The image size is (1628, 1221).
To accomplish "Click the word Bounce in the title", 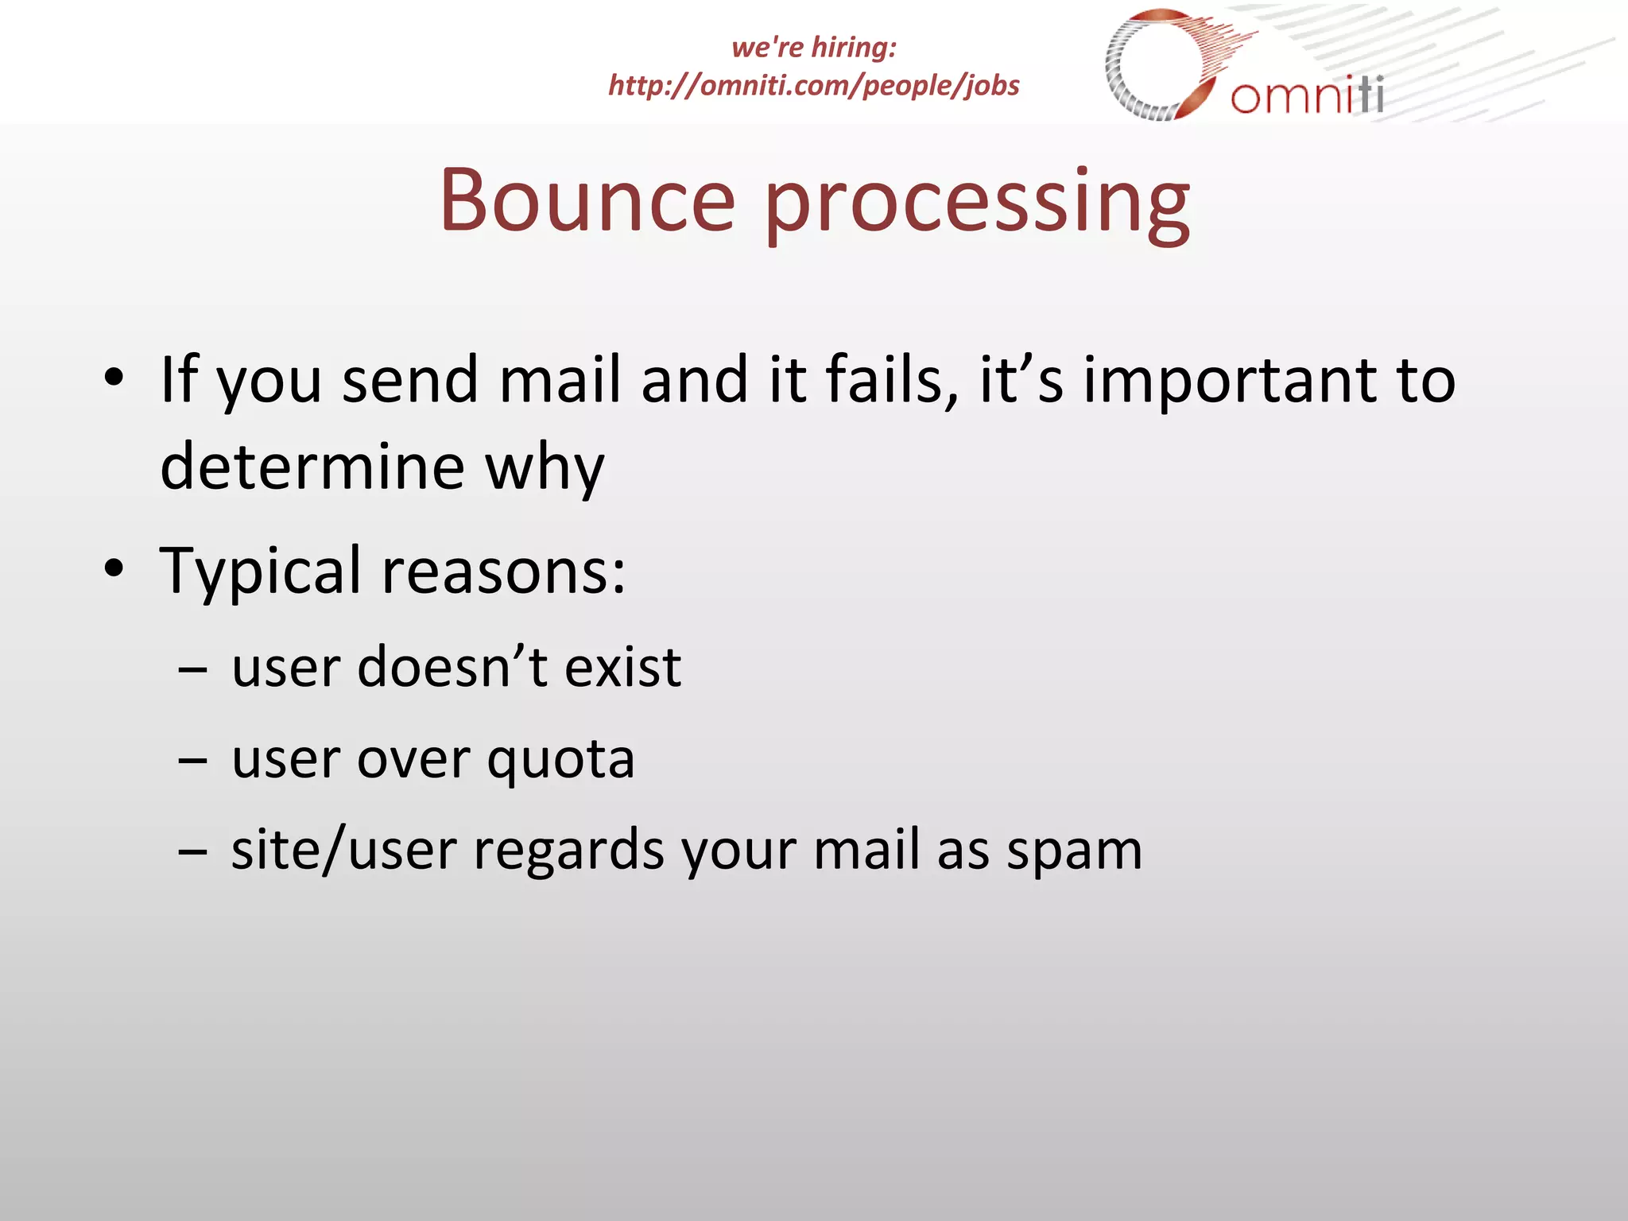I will pyautogui.click(x=587, y=200).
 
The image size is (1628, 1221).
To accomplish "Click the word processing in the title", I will pyautogui.click(x=977, y=205).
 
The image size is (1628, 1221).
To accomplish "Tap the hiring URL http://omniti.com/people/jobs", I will pyautogui.click(x=813, y=85).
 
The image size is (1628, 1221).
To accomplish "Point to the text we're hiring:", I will pyautogui.click(x=813, y=47).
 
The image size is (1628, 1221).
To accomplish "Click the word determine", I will pyautogui.click(x=312, y=467).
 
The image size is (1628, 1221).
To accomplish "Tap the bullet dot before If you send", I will pyautogui.click(x=114, y=377).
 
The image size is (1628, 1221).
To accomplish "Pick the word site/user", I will pyautogui.click(x=343, y=851).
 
